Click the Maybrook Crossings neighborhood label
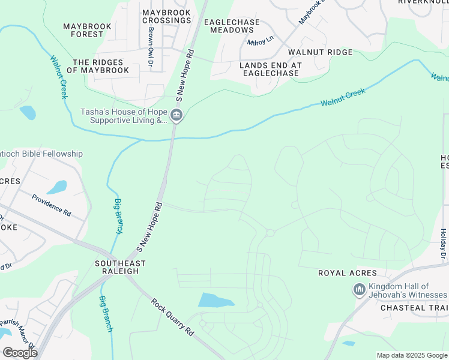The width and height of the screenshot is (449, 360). [x=166, y=16]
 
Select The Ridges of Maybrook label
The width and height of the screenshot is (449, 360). [x=98, y=66]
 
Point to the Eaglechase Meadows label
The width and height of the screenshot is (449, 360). [x=232, y=26]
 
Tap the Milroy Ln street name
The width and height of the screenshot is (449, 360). [x=260, y=42]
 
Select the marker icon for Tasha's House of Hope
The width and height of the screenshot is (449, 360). [x=176, y=115]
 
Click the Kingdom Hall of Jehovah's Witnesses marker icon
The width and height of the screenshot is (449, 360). [x=359, y=290]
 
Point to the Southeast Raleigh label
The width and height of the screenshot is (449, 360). [x=116, y=267]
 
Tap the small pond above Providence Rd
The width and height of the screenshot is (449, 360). [x=57, y=187]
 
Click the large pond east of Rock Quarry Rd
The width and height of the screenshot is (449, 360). [x=216, y=300]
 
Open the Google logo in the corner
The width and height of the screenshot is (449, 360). [x=20, y=353]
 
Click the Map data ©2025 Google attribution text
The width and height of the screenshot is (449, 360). [x=411, y=355]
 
